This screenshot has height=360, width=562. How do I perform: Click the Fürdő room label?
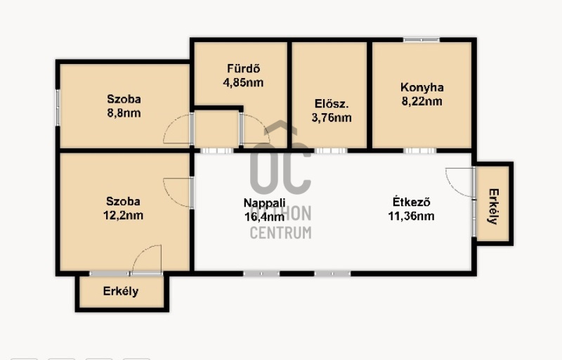(243, 68)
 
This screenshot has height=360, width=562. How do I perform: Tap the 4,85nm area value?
(243, 83)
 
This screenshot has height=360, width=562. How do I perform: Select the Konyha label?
(422, 87)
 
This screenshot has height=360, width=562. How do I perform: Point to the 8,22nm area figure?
(422, 101)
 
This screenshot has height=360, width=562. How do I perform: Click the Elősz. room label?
(332, 103)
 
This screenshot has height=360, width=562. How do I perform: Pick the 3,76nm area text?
(332, 117)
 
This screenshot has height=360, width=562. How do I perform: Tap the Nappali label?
(265, 202)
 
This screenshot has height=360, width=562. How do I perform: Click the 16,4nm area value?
(265, 217)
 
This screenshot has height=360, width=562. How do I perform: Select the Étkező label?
(411, 202)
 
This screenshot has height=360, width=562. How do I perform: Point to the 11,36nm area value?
(411, 216)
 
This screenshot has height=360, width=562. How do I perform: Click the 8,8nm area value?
(124, 113)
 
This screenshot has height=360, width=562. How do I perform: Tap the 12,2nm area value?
(123, 215)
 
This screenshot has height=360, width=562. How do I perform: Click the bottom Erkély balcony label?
(121, 291)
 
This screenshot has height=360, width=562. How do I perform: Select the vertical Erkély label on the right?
(494, 207)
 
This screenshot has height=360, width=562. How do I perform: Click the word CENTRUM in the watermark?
(280, 233)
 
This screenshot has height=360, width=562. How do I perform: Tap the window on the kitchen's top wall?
(421, 39)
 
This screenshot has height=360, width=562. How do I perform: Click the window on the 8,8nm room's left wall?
(58, 108)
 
